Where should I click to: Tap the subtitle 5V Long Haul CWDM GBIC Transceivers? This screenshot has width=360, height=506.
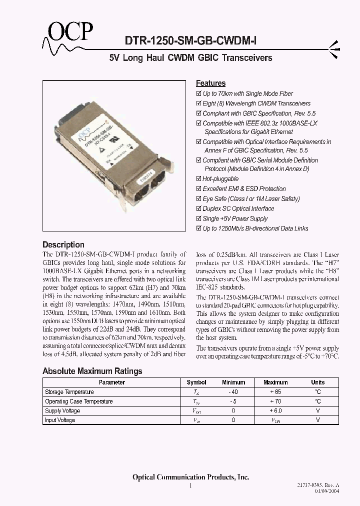(190, 58)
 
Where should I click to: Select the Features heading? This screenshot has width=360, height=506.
(210, 83)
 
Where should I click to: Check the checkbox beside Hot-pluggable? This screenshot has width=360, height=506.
(198, 179)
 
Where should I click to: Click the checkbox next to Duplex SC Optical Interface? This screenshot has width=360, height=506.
(198, 209)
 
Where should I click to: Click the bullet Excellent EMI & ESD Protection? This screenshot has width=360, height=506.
(244, 189)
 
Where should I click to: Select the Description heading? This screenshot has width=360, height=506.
(63, 244)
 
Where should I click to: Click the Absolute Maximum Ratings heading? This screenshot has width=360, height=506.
(92, 371)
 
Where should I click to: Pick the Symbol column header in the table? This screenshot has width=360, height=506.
(196, 382)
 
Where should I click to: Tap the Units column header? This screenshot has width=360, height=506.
(317, 382)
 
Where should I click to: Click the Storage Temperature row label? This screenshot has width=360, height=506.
(69, 392)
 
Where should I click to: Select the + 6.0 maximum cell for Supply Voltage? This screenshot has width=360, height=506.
(275, 411)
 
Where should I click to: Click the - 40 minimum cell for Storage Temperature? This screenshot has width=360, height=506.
(233, 392)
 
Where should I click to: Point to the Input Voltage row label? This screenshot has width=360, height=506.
(60, 420)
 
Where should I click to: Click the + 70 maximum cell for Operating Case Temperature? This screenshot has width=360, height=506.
(275, 401)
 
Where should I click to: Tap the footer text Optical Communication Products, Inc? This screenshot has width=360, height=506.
(190, 477)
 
